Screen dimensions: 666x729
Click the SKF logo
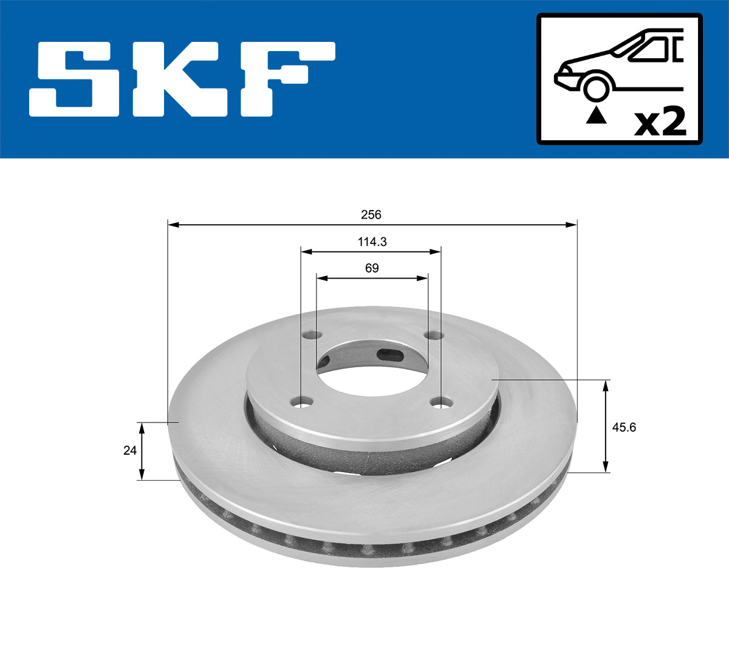pyautogui.click(x=182, y=79)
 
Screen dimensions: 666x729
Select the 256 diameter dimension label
pyautogui.click(x=371, y=214)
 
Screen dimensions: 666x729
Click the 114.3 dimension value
pyautogui.click(x=372, y=242)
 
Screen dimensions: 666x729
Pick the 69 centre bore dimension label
pyautogui.click(x=372, y=268)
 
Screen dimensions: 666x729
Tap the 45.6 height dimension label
pyautogui.click(x=624, y=427)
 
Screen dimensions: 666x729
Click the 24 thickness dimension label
pyautogui.click(x=129, y=450)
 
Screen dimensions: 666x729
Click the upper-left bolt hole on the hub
pyautogui.click(x=313, y=335)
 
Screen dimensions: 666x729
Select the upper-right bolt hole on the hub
pyautogui.click(x=434, y=335)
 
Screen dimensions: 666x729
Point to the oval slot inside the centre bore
pyautogui.click(x=388, y=355)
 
